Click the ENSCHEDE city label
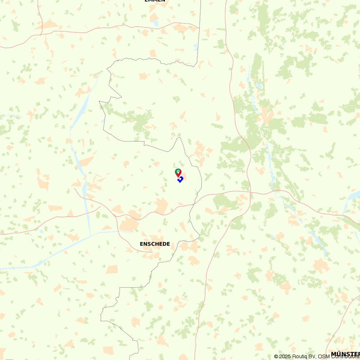(x=155, y=244)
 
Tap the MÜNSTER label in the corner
(x=345, y=354)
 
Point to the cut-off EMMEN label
(x=155, y=1)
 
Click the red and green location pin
(x=178, y=173)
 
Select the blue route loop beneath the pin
(x=180, y=179)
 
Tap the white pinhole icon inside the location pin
(x=178, y=171)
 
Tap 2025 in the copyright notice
(x=285, y=356)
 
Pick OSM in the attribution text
(x=321, y=356)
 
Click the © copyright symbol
(x=276, y=356)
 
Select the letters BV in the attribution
(x=312, y=356)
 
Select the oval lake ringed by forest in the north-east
(x=259, y=86)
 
